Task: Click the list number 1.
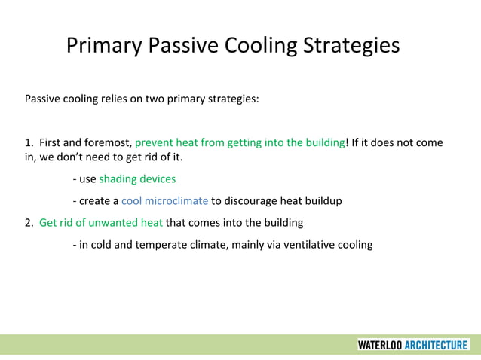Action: pyautogui.click(x=29, y=142)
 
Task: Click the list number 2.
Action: pyautogui.click(x=29, y=222)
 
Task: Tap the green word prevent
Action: pyautogui.click(x=155, y=142)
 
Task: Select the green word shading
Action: pyautogui.click(x=118, y=179)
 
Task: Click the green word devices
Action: pyautogui.click(x=158, y=179)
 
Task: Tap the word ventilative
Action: pyautogui.click(x=303, y=244)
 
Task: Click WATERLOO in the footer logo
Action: pyautogui.click(x=379, y=345)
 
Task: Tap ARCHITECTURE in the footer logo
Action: pyautogui.click(x=436, y=345)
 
